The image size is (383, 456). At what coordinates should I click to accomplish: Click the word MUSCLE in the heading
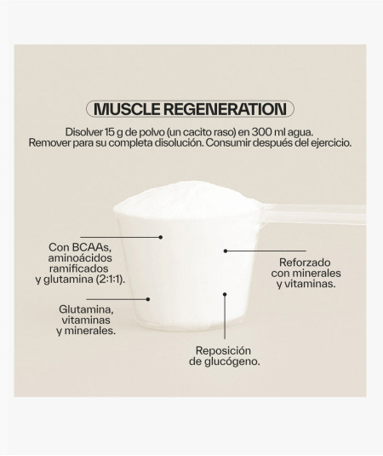[127, 109]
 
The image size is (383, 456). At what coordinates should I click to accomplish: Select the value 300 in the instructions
[260, 132]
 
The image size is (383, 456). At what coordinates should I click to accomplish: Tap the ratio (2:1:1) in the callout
[111, 280]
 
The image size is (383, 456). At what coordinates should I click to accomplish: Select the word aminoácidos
[80, 258]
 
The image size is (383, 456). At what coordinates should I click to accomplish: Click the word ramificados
[79, 268]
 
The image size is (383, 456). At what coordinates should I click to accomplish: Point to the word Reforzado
[305, 263]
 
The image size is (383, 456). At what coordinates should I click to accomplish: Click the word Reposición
[223, 350]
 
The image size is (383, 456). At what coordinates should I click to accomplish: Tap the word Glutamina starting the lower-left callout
[86, 309]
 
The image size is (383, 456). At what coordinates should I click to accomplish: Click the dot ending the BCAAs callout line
[161, 237]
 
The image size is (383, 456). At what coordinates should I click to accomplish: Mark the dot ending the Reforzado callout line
[226, 251]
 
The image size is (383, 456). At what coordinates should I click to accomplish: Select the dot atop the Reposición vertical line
[225, 294]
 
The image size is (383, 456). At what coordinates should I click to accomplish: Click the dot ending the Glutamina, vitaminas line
[148, 299]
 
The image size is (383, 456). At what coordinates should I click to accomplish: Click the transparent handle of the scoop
[313, 214]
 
